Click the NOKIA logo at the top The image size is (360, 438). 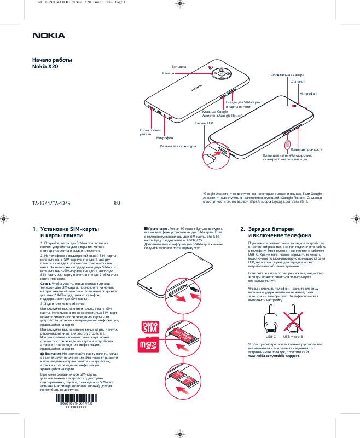(x=49, y=36)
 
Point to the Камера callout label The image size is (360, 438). (x=168, y=73)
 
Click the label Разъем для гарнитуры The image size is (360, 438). (x=178, y=146)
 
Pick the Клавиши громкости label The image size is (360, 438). (x=306, y=149)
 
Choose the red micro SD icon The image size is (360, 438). (x=149, y=345)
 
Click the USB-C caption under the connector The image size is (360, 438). (x=270, y=336)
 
